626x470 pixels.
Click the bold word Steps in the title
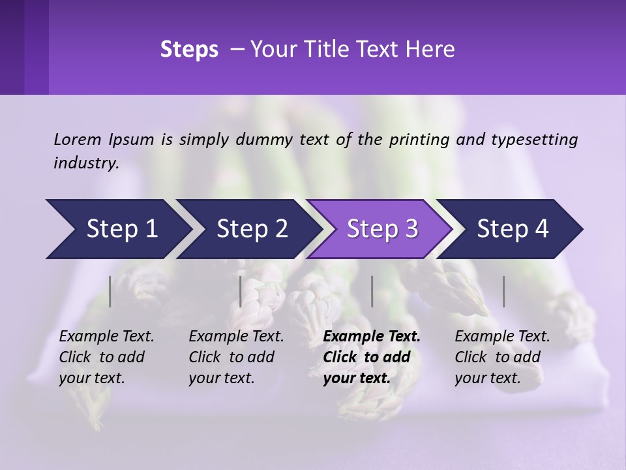[x=189, y=50]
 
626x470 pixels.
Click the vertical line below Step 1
[x=110, y=291]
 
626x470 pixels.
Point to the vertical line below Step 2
[x=241, y=291]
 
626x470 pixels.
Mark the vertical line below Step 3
[x=372, y=291]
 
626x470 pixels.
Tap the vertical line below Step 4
[x=504, y=291]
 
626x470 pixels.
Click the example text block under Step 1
[x=106, y=357]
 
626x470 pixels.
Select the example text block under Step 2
[x=236, y=357]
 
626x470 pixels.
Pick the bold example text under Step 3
[x=372, y=357]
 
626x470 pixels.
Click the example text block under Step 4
[x=502, y=357]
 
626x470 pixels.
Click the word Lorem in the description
[x=78, y=139]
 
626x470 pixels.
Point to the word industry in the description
[x=86, y=163]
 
